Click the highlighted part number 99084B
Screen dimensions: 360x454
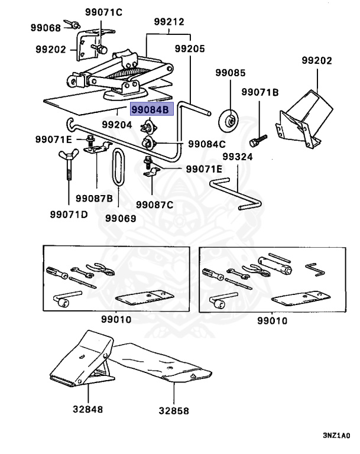[x=150, y=109]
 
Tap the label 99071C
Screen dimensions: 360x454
[x=103, y=12]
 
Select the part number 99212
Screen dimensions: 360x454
[x=169, y=22]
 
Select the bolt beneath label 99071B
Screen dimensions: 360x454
[x=258, y=141]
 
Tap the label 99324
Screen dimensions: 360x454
[x=238, y=157]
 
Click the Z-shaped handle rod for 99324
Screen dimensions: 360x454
[x=236, y=193]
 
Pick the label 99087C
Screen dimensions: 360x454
[x=155, y=205]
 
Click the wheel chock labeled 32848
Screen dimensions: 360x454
[x=82, y=358]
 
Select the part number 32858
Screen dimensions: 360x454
[x=174, y=411]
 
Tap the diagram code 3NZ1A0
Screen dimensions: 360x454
[x=336, y=436]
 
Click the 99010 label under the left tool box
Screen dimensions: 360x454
[x=116, y=319]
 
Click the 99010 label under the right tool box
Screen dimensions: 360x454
[x=273, y=320]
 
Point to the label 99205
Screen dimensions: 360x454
[x=190, y=48]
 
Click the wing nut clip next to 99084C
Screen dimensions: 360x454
[x=148, y=142]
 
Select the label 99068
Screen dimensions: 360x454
[x=46, y=28]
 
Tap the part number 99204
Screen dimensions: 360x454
[x=116, y=125]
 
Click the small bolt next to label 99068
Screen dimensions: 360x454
[x=72, y=24]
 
